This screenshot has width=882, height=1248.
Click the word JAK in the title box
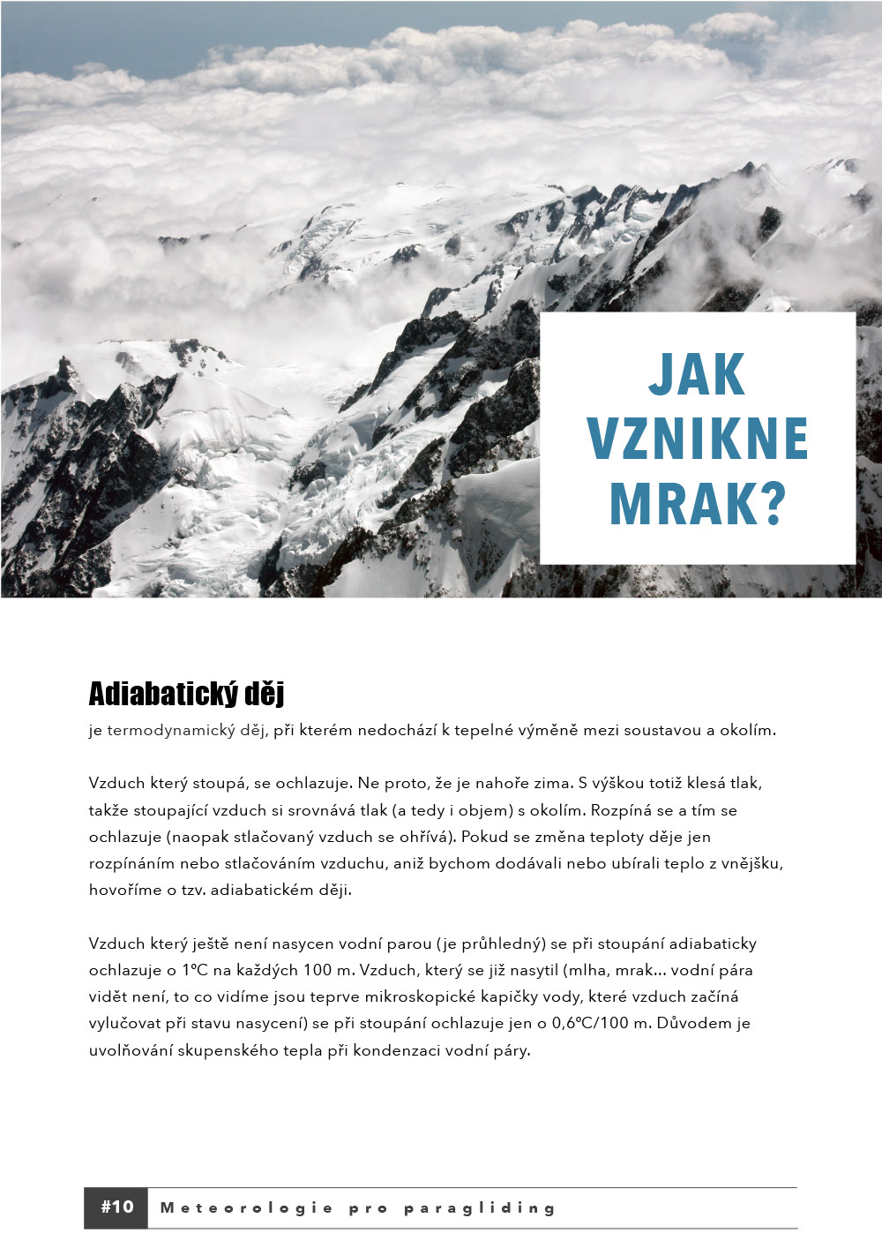[697, 375]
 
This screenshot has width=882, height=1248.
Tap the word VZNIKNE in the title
[697, 439]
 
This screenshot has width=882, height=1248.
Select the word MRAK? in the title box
[697, 502]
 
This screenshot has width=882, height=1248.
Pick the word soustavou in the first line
[635, 730]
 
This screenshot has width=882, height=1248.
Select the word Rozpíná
[621, 809]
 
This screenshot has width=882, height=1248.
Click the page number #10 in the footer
[116, 1207]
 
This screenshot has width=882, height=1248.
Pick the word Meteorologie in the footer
[247, 1208]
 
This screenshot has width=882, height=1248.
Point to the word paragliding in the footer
[480, 1208]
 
